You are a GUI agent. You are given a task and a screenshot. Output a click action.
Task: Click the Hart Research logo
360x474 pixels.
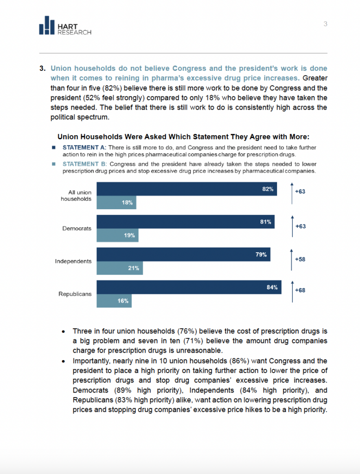point(65,25)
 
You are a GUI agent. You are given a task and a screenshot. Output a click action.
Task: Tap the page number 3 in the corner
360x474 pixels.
point(325,24)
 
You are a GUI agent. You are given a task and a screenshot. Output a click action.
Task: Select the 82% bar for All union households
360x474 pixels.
point(187,189)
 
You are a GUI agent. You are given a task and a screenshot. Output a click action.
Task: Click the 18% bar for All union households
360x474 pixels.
point(116,203)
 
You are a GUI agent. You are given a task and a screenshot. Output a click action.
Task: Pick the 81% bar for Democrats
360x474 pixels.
point(186,222)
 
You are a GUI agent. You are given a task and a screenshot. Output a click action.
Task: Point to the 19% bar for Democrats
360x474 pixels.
point(117,235)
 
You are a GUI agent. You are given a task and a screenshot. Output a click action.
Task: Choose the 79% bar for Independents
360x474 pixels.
point(183,255)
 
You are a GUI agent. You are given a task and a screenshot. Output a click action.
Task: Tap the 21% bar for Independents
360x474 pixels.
point(120,268)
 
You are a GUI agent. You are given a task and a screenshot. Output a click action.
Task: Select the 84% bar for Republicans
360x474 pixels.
point(189,287)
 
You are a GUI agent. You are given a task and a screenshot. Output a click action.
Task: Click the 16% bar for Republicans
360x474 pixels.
point(114,301)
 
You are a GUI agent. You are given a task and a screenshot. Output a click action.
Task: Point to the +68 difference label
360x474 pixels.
point(300,290)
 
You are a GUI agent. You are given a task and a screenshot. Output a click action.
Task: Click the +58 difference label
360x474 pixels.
point(300,259)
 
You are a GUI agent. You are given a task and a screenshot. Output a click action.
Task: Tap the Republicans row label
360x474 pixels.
point(75,294)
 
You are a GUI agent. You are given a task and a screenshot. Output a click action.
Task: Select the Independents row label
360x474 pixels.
point(73,261)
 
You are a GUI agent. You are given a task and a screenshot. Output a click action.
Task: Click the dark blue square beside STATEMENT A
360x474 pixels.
point(54,148)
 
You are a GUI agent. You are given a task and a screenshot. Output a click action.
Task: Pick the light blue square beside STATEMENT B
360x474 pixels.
point(54,164)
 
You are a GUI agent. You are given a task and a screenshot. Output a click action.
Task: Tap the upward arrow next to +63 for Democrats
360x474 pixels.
point(292,226)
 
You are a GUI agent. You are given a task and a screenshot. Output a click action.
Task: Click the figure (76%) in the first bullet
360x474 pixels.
point(187,331)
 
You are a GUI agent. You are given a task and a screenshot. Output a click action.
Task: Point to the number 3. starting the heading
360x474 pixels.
point(42,69)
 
